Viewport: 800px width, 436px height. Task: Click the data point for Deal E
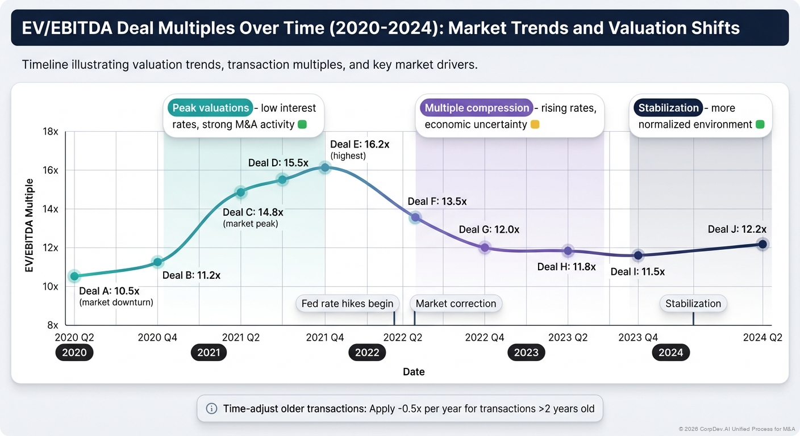(x=324, y=167)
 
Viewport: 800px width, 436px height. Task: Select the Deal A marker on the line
(x=74, y=276)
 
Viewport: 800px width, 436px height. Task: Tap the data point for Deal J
(x=763, y=244)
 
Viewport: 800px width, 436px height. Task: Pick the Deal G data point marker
(x=484, y=248)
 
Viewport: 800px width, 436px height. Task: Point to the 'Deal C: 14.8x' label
(x=253, y=212)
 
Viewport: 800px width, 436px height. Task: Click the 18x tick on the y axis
(x=51, y=132)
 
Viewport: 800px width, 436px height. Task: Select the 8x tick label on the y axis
(x=52, y=325)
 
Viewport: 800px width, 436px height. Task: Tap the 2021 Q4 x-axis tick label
(x=325, y=337)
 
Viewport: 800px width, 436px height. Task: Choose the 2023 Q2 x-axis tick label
(x=568, y=337)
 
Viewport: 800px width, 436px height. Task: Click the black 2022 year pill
(x=367, y=353)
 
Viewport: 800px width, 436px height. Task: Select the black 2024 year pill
(x=670, y=353)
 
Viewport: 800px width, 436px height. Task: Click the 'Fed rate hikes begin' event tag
(x=347, y=304)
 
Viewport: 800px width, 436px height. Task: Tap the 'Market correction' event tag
(x=456, y=304)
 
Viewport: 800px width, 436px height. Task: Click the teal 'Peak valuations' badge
(x=210, y=108)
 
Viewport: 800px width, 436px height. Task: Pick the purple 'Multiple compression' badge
(x=476, y=108)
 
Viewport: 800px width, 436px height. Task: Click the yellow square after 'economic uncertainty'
(x=535, y=124)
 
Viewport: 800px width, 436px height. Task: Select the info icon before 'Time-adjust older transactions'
(x=211, y=408)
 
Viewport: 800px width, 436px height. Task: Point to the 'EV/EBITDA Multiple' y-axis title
(x=29, y=225)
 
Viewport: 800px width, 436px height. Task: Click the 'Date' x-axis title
(x=414, y=372)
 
